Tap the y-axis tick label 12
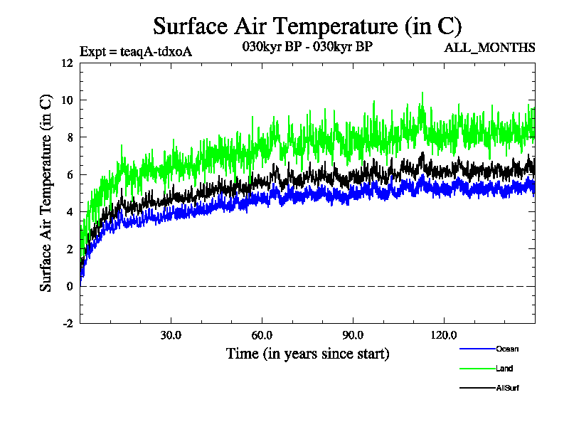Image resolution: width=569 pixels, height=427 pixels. click(x=67, y=63)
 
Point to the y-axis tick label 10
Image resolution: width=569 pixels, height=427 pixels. click(x=67, y=100)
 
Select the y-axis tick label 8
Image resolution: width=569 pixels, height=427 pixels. click(x=70, y=137)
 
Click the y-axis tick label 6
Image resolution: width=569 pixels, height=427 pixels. click(x=70, y=174)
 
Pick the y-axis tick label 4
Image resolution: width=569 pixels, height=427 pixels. click(x=70, y=212)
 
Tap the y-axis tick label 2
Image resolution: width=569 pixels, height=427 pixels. click(x=70, y=249)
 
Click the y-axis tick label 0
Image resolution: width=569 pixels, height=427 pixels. click(x=70, y=286)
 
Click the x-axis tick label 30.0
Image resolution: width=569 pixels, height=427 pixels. click(x=171, y=335)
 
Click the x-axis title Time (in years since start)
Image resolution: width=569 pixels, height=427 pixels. click(x=307, y=353)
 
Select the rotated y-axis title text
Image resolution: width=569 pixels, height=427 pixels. click(x=46, y=193)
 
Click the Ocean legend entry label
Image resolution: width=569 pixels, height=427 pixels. click(x=507, y=349)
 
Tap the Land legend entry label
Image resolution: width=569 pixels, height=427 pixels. click(x=504, y=369)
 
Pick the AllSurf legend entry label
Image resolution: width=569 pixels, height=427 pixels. click(x=508, y=388)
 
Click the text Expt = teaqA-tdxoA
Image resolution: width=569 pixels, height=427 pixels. click(x=135, y=51)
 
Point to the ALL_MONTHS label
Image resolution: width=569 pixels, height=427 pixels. click(x=489, y=48)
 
